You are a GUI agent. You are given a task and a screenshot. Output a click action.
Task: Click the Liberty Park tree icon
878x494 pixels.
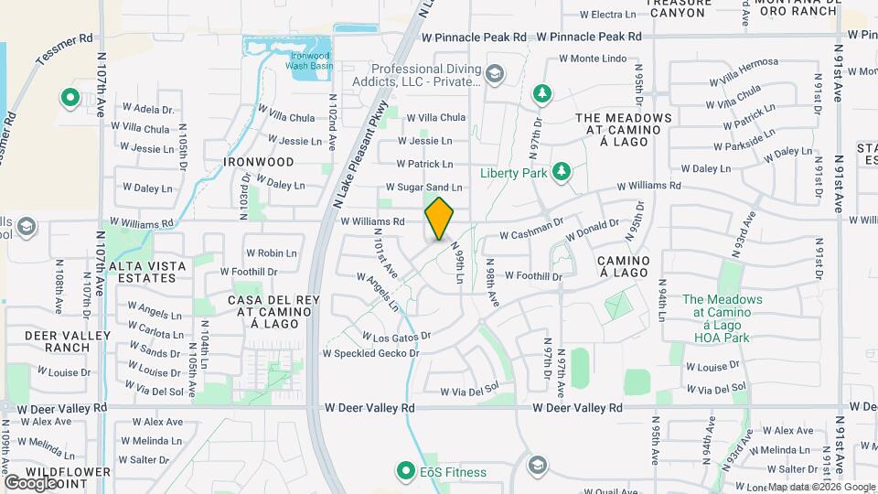562,172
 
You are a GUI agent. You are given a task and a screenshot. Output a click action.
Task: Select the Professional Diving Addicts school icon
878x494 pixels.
495,73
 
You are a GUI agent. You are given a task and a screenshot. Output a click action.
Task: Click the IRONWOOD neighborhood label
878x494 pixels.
259,162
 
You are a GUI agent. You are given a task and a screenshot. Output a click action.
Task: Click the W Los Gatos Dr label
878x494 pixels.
396,337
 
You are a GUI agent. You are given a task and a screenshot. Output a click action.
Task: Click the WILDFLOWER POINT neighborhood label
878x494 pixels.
56,478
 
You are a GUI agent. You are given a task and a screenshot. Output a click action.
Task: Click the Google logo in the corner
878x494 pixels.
29,482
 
